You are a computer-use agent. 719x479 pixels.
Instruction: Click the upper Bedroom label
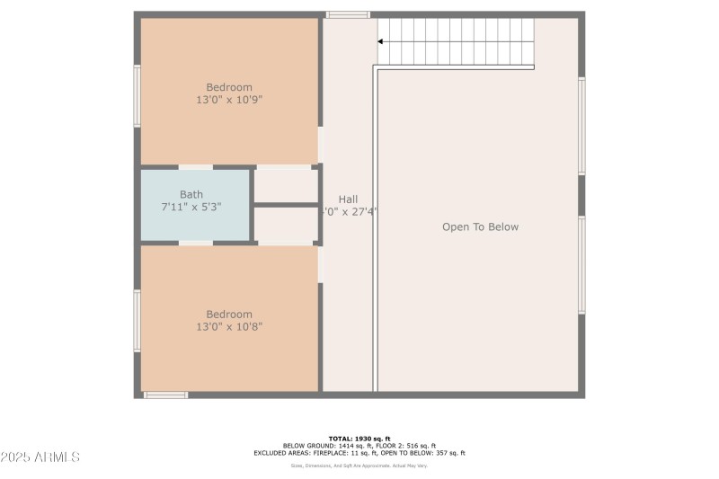coord(229,87)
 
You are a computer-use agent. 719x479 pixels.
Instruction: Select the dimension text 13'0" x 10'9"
coord(229,100)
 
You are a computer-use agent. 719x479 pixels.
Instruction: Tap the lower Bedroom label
coord(229,314)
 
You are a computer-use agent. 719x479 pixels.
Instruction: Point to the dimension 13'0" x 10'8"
coord(229,326)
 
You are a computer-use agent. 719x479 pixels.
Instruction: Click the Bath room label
coord(191,194)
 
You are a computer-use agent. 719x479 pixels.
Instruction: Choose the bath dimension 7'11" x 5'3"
coord(191,207)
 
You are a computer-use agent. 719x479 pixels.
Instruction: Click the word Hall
coord(348,200)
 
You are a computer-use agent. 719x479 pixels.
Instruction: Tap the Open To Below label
coord(480,227)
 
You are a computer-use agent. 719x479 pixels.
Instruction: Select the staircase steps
coord(458,41)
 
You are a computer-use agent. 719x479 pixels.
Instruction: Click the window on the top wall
coord(347,14)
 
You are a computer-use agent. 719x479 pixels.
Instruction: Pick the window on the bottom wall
coord(165,395)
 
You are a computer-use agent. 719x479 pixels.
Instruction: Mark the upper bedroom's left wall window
coord(138,95)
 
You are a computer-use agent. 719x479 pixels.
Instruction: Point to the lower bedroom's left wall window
coord(138,320)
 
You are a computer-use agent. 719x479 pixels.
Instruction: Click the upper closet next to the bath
coord(286,185)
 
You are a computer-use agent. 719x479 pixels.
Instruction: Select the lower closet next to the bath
coord(286,225)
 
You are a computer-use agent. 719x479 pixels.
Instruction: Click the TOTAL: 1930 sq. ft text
coord(359,438)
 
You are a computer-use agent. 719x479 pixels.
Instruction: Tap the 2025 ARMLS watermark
coord(40,457)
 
